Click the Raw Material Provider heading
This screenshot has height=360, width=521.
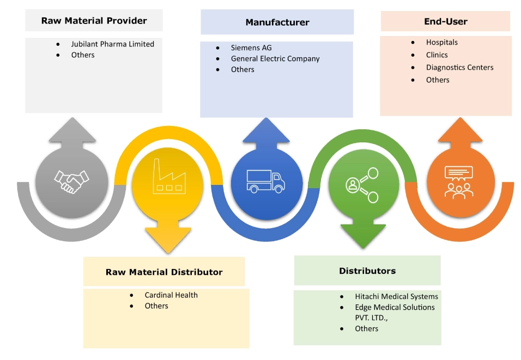pyautogui.click(x=94, y=21)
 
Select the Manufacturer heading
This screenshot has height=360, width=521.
pyautogui.click(x=277, y=22)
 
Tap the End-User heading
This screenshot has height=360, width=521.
pyautogui.click(x=445, y=22)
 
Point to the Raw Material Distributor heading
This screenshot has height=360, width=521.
pyautogui.click(x=164, y=272)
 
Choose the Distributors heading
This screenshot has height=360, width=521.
pyautogui.click(x=367, y=271)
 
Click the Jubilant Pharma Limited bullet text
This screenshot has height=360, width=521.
pyautogui.click(x=112, y=44)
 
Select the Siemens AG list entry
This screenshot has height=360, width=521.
pyautogui.click(x=251, y=48)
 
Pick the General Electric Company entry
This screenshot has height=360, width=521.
pyautogui.click(x=275, y=58)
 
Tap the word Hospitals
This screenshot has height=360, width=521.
pyautogui.click(x=441, y=42)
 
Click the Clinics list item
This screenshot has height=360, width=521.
pyautogui.click(x=437, y=55)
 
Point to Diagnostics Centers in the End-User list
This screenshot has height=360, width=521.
pyautogui.click(x=459, y=67)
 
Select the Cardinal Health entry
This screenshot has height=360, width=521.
pyautogui.click(x=171, y=295)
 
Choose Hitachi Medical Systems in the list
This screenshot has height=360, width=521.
pyautogui.click(x=396, y=297)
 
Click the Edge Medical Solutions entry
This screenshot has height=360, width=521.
pyautogui.click(x=395, y=308)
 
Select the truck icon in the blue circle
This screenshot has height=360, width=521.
pyautogui.click(x=265, y=181)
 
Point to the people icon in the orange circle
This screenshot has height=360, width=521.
pyautogui.click(x=461, y=181)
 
